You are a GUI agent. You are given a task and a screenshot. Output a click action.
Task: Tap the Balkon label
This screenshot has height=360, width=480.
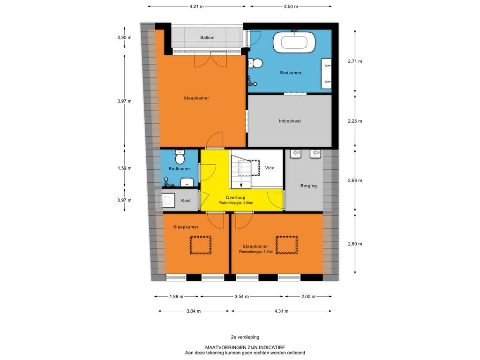pyautogui.click(x=207, y=37)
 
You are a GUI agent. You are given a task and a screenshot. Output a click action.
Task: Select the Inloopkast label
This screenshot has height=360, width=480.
pyautogui.click(x=290, y=121)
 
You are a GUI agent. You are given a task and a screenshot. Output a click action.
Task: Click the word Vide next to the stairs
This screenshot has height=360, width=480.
pyautogui.click(x=270, y=168)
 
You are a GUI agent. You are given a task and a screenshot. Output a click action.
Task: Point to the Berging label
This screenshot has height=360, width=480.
pyautogui.click(x=308, y=186)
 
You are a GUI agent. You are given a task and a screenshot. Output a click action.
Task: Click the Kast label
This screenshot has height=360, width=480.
pyautogui.click(x=186, y=201)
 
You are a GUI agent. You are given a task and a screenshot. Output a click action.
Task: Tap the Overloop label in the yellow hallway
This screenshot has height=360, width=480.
pyautogui.click(x=235, y=197)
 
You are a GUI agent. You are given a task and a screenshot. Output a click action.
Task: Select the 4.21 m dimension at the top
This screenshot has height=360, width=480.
pyautogui.click(x=196, y=6)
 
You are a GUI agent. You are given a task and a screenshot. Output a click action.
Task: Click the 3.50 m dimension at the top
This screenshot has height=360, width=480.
pyautogui.click(x=291, y=6)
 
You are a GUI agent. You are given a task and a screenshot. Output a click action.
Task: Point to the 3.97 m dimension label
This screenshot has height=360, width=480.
pyautogui.click(x=124, y=101)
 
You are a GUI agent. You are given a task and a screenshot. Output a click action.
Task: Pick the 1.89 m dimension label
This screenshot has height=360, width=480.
pyautogui.click(x=176, y=296)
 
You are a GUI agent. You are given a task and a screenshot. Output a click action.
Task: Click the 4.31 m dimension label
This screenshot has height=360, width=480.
pyautogui.click(x=281, y=311)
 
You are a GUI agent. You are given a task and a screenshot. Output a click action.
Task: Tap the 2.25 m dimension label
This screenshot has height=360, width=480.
pyautogui.click(x=355, y=121)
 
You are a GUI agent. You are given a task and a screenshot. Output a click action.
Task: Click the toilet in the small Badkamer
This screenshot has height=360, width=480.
pyautogui.click(x=180, y=157)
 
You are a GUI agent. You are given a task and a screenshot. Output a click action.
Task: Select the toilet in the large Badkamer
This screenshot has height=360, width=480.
pyautogui.click(x=255, y=63)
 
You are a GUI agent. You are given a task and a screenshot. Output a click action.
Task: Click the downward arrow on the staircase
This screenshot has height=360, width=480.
pyautogui.click(x=241, y=185)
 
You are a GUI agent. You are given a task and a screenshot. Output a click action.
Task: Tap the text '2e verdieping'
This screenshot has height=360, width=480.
pyautogui.click(x=245, y=337)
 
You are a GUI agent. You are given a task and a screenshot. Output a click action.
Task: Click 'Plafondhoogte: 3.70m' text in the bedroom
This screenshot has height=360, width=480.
pyautogui.click(x=256, y=252)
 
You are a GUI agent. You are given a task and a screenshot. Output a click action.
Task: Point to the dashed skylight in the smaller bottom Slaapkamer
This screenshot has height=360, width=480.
pyautogui.click(x=201, y=245)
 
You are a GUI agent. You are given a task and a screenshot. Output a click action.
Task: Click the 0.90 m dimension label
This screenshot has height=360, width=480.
pyautogui.click(x=124, y=37)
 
